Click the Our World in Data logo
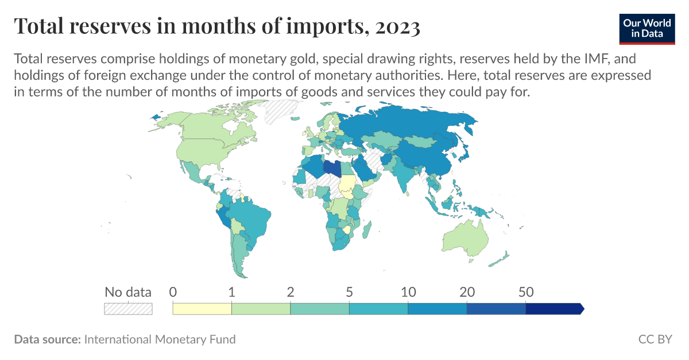click(x=647, y=27)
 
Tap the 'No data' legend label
click(x=127, y=292)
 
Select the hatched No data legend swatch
click(x=127, y=309)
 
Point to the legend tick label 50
click(x=526, y=292)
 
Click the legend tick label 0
click(x=173, y=292)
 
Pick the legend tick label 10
click(x=408, y=292)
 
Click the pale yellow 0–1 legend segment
click(x=202, y=309)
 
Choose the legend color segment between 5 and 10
click(x=378, y=309)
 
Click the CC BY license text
click(x=655, y=339)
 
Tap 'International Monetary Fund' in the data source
click(x=160, y=339)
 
